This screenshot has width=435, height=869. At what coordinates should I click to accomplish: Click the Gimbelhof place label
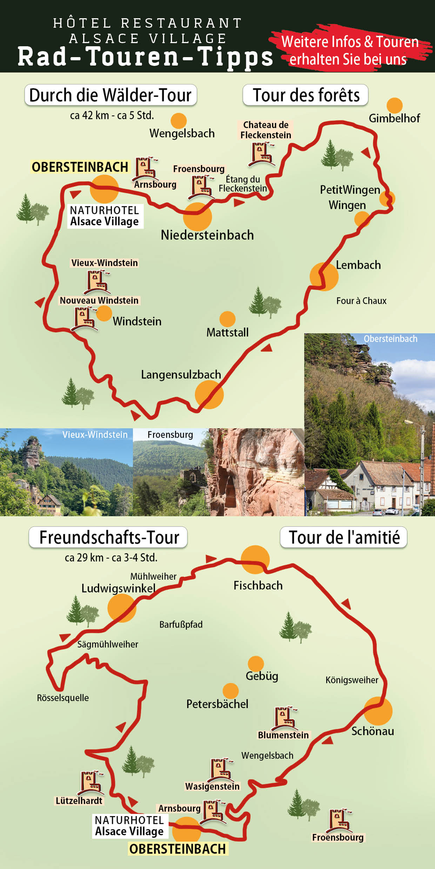pos(394,118)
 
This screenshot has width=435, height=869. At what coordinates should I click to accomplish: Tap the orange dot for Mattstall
pos(227,319)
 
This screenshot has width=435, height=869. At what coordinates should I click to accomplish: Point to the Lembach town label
pos(358,265)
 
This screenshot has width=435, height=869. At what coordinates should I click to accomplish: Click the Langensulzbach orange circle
pos(209,395)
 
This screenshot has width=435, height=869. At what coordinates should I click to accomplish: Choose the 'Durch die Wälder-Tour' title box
pos(111,95)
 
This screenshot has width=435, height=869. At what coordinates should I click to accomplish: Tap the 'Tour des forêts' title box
pos(306,95)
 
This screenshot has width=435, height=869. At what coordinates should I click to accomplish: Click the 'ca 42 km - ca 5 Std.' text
pos(112,115)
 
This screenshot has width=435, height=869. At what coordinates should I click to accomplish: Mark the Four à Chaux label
pos(361,301)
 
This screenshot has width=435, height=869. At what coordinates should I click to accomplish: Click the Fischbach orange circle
pos(255,560)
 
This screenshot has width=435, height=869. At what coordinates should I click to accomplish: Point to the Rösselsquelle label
pos(63,698)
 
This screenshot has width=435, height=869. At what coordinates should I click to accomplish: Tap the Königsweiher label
pos(352,680)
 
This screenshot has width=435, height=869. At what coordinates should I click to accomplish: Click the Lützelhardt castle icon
pos(91,783)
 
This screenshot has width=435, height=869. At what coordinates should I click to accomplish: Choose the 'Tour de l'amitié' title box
pos(343,537)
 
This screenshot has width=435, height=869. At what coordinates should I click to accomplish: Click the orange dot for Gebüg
pos(256,664)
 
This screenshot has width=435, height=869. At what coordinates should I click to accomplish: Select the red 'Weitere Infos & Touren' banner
pos(350,50)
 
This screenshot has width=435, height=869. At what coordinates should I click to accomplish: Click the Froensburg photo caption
pos(170,435)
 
